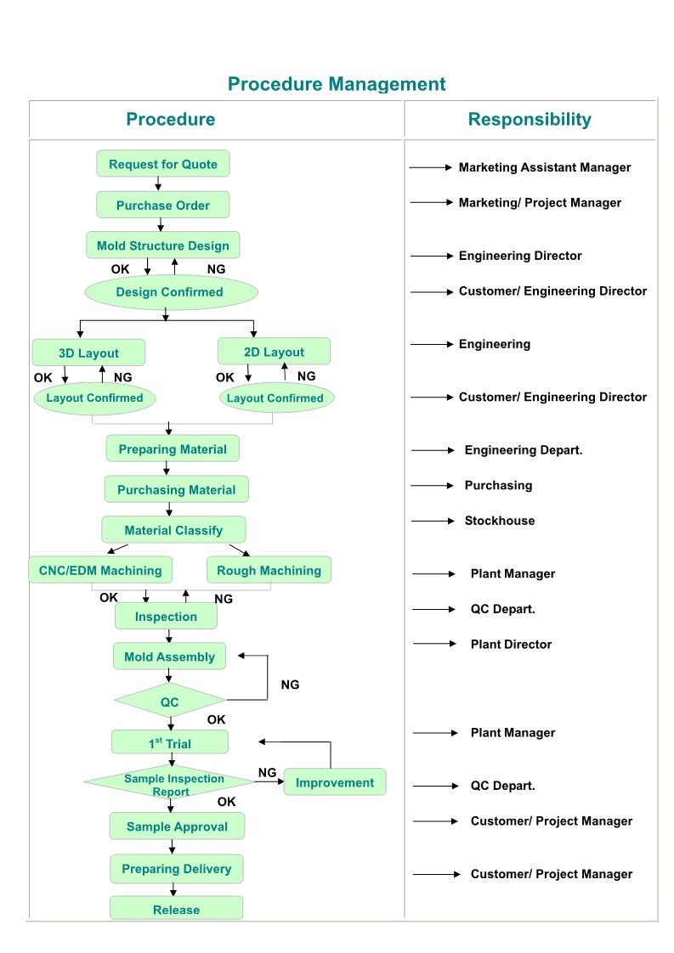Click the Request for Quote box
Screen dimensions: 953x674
(163, 164)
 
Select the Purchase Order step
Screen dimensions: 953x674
(163, 205)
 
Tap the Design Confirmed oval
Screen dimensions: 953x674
(170, 292)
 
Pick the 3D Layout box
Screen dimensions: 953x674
(88, 352)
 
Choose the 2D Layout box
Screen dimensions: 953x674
(274, 352)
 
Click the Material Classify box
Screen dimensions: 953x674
(173, 530)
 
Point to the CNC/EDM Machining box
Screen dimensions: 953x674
(100, 570)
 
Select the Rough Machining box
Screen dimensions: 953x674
(269, 570)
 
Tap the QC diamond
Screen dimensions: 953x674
(170, 702)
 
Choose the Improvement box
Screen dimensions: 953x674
(335, 782)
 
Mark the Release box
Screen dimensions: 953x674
(176, 909)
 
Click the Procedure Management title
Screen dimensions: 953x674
(337, 84)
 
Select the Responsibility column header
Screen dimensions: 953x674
(530, 119)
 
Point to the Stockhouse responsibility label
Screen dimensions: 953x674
(500, 521)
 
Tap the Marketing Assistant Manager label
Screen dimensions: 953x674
(545, 167)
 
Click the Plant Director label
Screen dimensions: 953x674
(511, 644)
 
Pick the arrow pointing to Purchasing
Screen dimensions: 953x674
(433, 486)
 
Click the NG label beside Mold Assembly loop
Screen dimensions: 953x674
(290, 685)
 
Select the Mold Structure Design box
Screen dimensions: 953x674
(163, 245)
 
